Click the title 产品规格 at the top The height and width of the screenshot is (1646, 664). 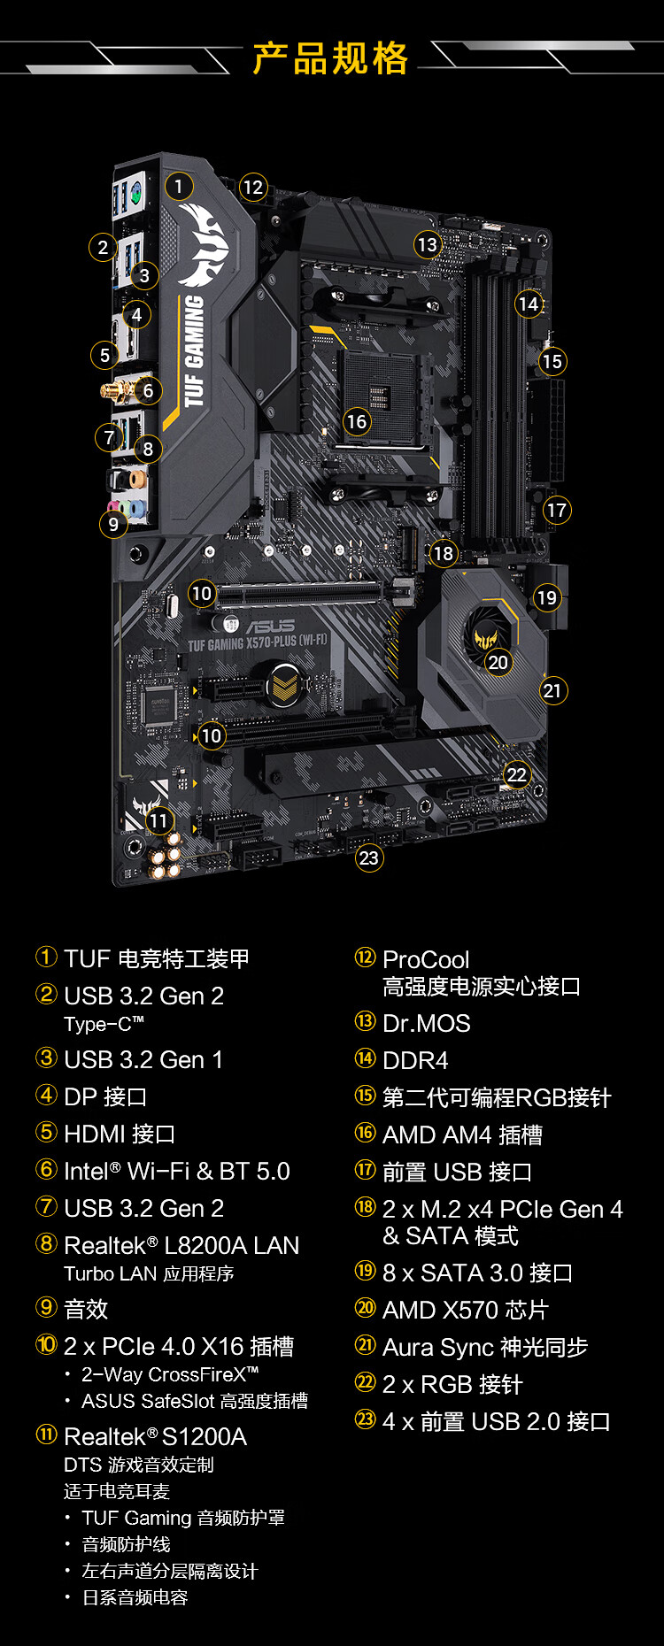[x=330, y=58]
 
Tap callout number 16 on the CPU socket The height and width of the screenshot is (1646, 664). [x=357, y=421]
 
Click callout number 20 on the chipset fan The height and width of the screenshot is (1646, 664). [x=498, y=662]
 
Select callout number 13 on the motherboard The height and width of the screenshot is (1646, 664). [x=427, y=244]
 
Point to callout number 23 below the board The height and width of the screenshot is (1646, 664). [x=368, y=858]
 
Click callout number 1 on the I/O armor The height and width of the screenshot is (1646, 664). [x=179, y=187]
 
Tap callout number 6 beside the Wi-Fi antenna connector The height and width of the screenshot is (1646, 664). [x=148, y=390]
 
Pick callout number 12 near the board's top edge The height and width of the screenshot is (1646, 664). [x=253, y=187]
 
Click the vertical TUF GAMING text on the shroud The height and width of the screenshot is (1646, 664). [x=193, y=350]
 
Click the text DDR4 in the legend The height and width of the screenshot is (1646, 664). [x=415, y=1060]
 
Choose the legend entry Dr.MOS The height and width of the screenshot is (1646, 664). [x=426, y=1023]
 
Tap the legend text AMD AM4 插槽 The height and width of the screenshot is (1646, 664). [x=462, y=1135]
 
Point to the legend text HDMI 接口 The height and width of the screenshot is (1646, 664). [x=120, y=1134]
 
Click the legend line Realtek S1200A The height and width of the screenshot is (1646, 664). [x=155, y=1436]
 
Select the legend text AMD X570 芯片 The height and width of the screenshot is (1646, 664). [x=466, y=1310]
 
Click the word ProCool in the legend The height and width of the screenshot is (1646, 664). [x=426, y=959]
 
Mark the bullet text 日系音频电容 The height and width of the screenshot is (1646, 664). [x=135, y=1597]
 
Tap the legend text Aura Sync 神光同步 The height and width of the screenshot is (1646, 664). [x=485, y=1347]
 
